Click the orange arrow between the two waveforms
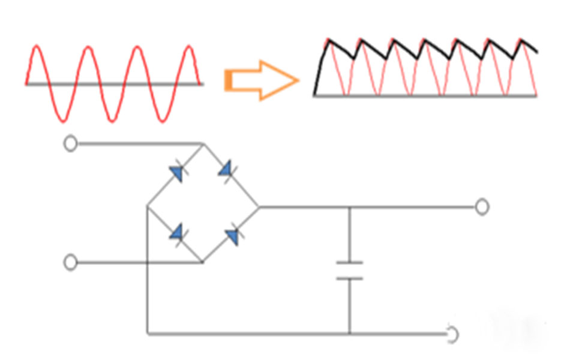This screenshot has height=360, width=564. coord(262,80)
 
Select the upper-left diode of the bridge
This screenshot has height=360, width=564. coord(176,173)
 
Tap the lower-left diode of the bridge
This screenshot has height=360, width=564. coord(176,233)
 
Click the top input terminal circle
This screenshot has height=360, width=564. coord(71,144)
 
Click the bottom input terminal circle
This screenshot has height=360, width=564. coord(71,263)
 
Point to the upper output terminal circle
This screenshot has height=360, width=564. coord(482,207)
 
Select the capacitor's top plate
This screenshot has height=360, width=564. coord(349,263)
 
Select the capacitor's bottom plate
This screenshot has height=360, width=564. coord(349,278)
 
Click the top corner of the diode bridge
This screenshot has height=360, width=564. coord(202,144)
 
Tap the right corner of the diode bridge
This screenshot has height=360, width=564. coord(259,207)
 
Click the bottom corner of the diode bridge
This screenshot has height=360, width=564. coord(202,263)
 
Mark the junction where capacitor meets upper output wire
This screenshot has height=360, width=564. coord(349,207)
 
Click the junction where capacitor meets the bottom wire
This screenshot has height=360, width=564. coord(349,334)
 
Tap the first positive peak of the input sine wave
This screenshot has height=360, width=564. coord(37,46)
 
